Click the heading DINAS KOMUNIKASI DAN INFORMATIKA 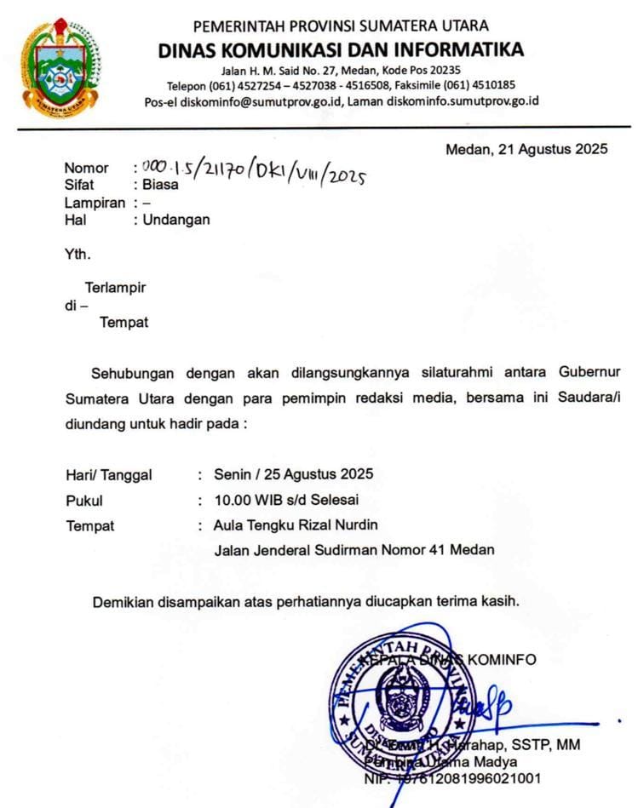tap(340, 50)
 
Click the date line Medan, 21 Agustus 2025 tap(526, 150)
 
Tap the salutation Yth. tap(78, 254)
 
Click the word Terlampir tap(115, 288)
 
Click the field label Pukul tap(84, 501)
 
